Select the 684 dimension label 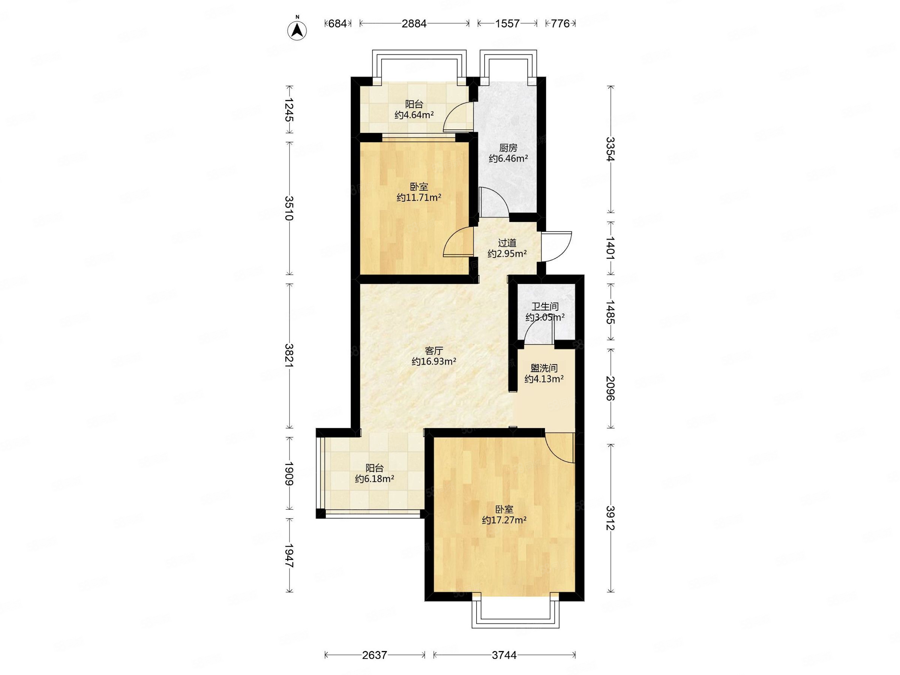[337, 24]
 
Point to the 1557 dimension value [507, 24]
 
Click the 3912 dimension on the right [610, 518]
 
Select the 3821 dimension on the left [289, 356]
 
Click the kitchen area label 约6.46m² [508, 159]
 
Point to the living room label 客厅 [434, 350]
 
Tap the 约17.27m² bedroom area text [504, 520]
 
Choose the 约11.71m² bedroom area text [419, 198]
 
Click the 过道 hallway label [507, 243]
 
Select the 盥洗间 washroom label [544, 368]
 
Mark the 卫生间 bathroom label [545, 306]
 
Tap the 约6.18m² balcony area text [374, 479]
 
